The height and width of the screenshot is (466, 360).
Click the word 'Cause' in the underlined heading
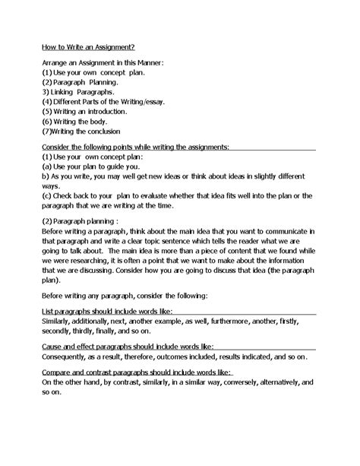[x=53, y=345]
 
